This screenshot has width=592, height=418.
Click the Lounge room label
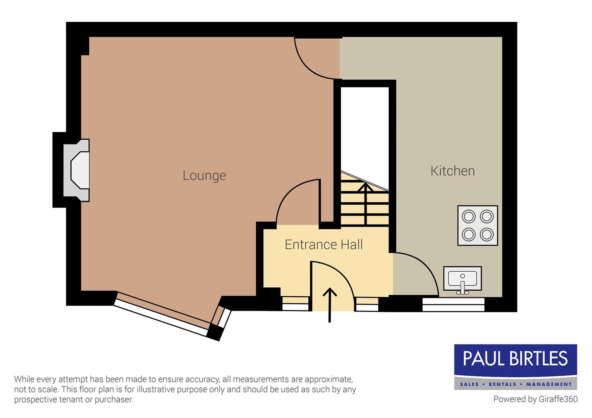(x=204, y=175)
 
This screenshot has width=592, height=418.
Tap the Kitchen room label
(x=452, y=171)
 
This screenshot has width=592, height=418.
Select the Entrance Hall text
(x=324, y=245)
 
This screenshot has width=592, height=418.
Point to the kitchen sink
(x=462, y=278)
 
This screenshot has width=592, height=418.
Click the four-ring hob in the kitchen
(x=477, y=225)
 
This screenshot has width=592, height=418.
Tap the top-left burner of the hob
(x=468, y=216)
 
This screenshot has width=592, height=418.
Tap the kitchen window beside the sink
(x=453, y=305)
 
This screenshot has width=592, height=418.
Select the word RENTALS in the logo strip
(x=503, y=384)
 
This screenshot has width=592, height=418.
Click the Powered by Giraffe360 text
(x=535, y=399)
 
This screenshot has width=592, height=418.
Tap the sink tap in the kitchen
(x=462, y=287)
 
